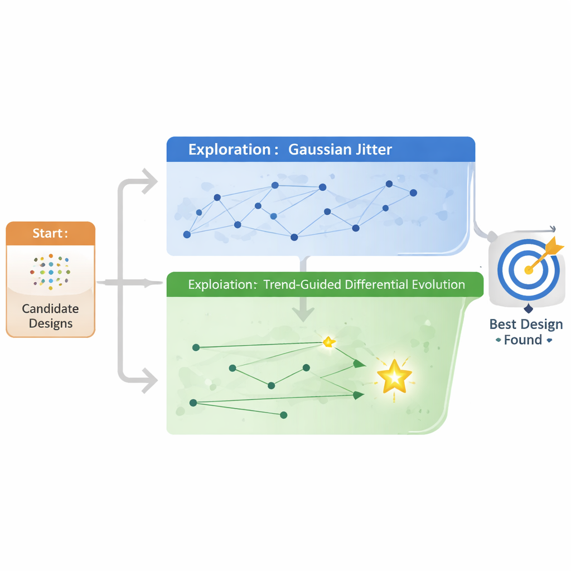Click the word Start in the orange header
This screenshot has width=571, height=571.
click(48, 233)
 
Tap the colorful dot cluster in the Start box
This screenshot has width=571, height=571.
click(51, 270)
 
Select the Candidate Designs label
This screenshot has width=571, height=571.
click(50, 316)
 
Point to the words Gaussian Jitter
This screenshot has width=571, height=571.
click(340, 149)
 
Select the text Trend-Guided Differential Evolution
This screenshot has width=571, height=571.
click(364, 284)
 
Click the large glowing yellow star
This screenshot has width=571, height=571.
click(394, 378)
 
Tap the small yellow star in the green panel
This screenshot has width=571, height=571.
click(329, 342)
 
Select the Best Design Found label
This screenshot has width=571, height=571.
click(525, 332)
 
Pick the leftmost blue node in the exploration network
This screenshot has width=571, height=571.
click(187, 235)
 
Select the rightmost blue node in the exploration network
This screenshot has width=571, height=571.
click(413, 193)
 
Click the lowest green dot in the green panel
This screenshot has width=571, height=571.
click(283, 415)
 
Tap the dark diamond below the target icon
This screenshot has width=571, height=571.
click(528, 309)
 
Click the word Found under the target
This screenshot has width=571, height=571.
click(522, 340)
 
